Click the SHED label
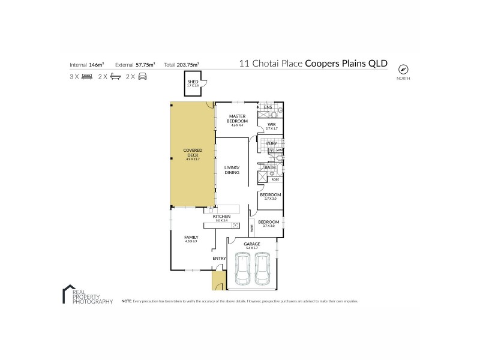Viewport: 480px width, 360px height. [193, 82]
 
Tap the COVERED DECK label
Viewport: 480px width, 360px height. [193, 151]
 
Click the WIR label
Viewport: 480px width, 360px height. [271, 124]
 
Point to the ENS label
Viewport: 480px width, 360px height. [268, 107]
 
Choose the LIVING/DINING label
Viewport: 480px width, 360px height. [232, 169]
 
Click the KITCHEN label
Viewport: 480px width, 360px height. [221, 216]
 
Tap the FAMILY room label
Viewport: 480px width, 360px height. [191, 238]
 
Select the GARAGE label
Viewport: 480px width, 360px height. [251, 244]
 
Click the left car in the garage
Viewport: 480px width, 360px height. [242, 268]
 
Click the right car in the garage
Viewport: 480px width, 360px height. [263, 268]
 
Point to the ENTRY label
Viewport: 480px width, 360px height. [219, 259]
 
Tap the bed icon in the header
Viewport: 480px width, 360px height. [87, 76]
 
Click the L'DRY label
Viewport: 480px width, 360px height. [271, 143]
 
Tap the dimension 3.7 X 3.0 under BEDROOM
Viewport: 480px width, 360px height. [269, 226]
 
